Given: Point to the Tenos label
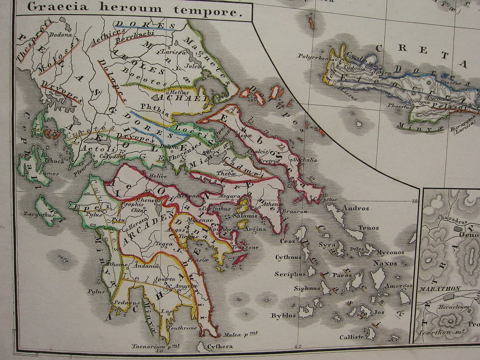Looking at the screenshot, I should [368, 228].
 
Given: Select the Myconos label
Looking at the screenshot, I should [389, 252].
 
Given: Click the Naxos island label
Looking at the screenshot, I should [385, 263].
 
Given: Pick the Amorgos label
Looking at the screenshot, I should [398, 286].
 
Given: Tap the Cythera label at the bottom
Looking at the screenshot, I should [220, 346].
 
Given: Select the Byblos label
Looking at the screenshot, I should [283, 316].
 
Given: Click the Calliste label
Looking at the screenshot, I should [352, 337].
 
